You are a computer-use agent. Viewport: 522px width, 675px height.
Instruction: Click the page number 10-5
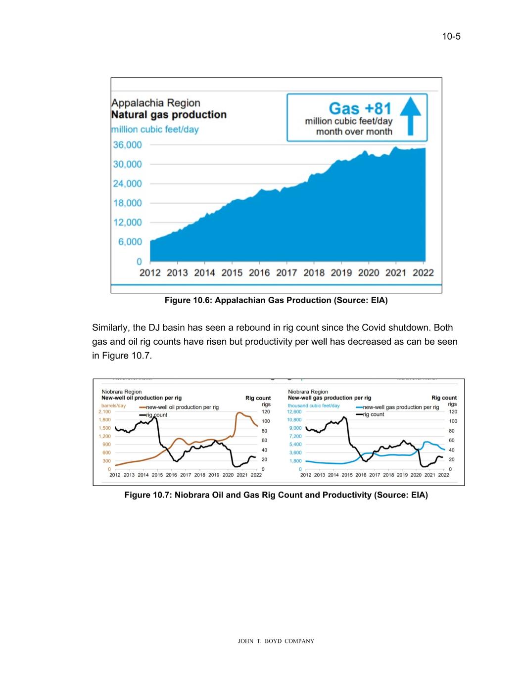451,36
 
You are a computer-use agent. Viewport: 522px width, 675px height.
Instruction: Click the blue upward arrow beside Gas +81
410,116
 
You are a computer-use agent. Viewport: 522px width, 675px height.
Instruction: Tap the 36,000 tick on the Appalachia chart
128,145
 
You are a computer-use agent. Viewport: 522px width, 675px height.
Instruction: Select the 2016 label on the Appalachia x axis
259,272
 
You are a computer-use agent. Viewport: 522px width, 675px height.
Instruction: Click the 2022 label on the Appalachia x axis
423,272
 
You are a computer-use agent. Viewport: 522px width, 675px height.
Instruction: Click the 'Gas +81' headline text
360,108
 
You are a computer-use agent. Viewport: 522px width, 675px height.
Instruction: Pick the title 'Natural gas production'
169,115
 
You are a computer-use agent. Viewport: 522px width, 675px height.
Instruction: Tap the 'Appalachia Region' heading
156,103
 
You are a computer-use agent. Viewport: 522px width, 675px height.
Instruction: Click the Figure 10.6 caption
276,300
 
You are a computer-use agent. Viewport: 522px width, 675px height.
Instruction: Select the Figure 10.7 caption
276,495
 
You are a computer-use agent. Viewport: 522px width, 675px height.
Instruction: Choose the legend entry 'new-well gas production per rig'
401,407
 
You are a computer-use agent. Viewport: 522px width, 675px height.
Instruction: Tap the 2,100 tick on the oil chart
104,411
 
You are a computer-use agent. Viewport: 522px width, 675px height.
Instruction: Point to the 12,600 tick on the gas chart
294,411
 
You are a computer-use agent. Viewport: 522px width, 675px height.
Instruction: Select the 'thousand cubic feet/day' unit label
314,405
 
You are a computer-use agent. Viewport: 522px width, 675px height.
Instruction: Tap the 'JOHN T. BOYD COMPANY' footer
276,641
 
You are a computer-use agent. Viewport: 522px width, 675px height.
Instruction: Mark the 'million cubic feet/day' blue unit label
155,130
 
